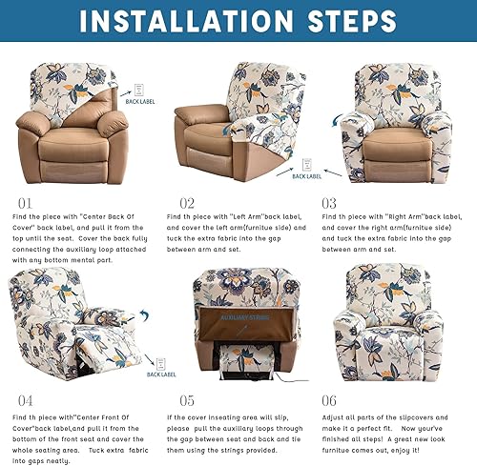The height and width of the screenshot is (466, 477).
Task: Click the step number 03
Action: [x=328, y=203]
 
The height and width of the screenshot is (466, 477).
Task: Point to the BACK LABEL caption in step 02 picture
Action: [x=306, y=176]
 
